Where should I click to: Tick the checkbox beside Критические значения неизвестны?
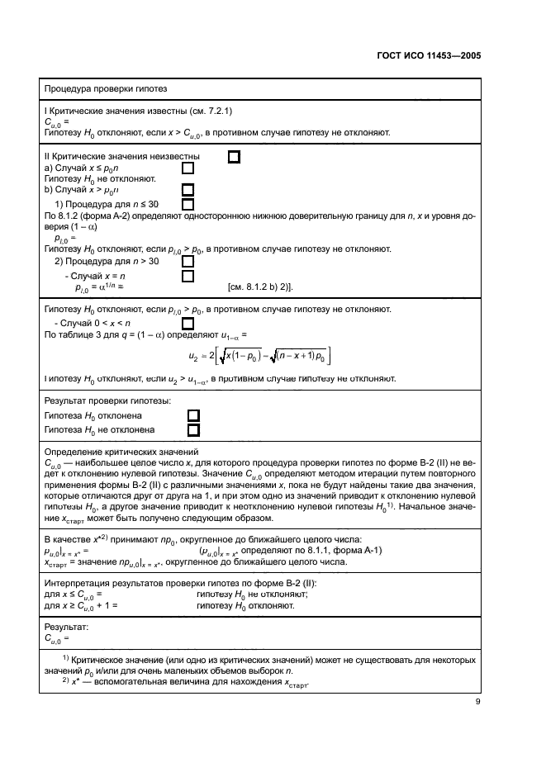coord(234,156)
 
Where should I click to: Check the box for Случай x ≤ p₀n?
coord(188,168)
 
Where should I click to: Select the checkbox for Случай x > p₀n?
coord(188,189)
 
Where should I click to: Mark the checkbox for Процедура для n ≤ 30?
coord(188,204)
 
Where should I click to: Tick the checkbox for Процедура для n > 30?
coord(188,262)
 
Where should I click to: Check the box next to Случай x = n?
coord(188,276)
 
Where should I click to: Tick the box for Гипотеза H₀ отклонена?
coord(193,415)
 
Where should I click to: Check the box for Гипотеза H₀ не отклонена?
coord(193,430)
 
